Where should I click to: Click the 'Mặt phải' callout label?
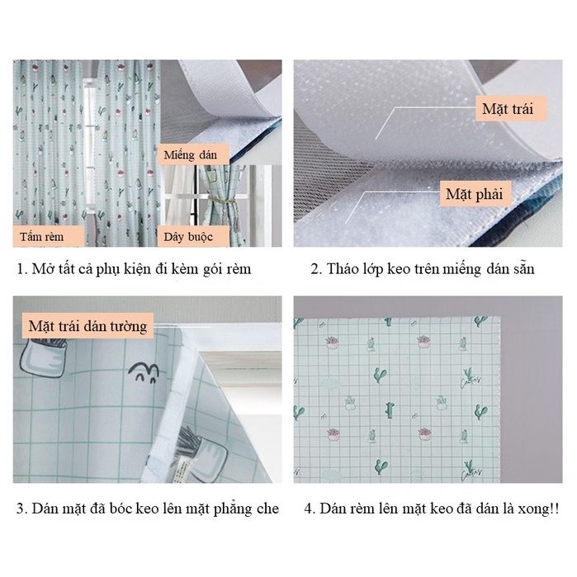tap(475, 193)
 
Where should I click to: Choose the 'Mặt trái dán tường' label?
tap(87, 326)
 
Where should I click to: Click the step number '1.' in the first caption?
tap(22, 269)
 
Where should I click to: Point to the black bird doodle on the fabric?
tap(144, 372)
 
